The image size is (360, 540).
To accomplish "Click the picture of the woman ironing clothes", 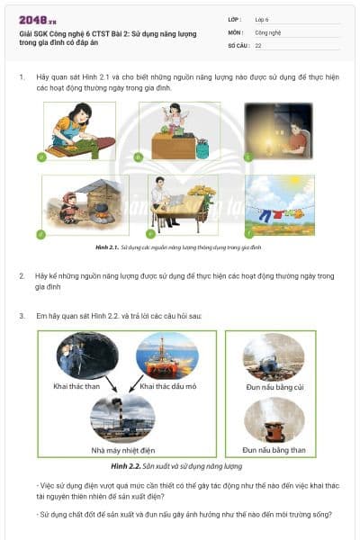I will coord(79,130).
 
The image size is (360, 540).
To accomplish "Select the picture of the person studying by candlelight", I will coord(279,130).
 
